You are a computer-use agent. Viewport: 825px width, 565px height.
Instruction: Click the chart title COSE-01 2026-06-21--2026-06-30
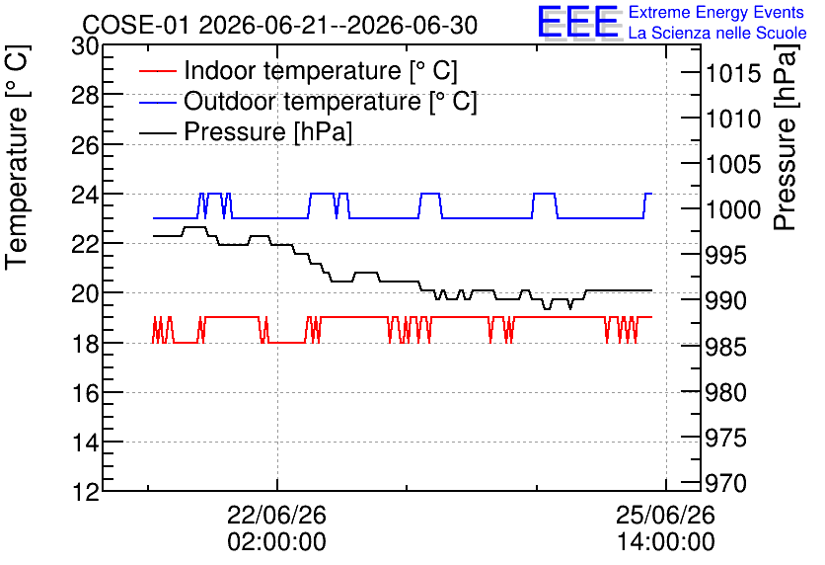[280, 25]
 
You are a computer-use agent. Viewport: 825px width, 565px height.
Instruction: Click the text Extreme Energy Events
[716, 12]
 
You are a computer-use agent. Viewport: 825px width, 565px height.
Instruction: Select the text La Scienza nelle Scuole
[717, 33]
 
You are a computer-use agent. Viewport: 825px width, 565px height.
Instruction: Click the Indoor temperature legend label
[321, 70]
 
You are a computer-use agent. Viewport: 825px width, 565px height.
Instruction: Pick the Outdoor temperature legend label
[331, 101]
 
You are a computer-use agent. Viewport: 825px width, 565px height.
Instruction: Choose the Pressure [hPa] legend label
[267, 131]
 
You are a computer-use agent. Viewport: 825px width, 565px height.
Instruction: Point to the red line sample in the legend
[157, 71]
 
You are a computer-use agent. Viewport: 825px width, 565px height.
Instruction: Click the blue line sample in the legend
[157, 102]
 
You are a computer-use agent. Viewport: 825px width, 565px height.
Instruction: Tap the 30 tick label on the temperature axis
[85, 46]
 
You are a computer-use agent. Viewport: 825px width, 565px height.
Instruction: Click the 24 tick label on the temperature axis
[85, 195]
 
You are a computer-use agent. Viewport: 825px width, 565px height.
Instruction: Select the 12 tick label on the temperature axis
[85, 492]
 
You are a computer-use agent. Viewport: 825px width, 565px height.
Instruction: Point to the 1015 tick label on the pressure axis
[733, 73]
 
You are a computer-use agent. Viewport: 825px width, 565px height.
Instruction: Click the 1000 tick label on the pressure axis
[733, 210]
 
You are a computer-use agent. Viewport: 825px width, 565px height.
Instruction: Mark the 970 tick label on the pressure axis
[726, 483]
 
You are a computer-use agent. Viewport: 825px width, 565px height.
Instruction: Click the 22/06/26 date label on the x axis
[276, 515]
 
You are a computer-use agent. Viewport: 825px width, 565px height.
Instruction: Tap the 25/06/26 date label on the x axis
[665, 515]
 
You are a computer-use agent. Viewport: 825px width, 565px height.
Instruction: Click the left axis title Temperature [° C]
[17, 158]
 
